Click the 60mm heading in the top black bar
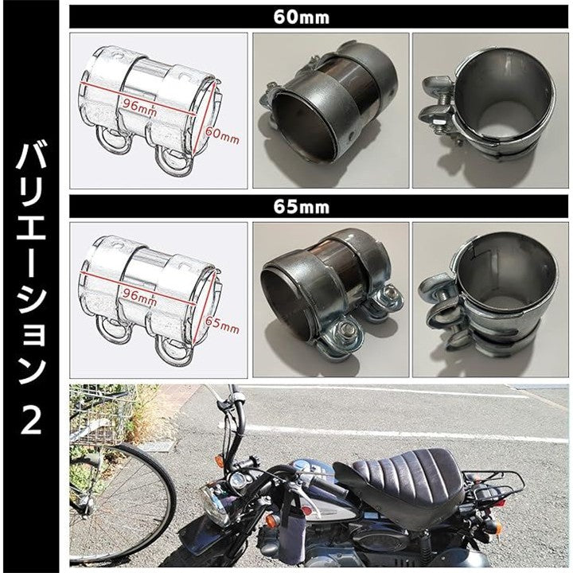pyautogui.click(x=301, y=18)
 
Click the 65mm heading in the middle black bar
pyautogui.click(x=301, y=207)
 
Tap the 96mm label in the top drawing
pyautogui.click(x=139, y=107)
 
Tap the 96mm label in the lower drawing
pyautogui.click(x=139, y=297)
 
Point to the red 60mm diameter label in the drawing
pyautogui.click(x=222, y=135)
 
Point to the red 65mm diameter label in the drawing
pyautogui.click(x=222, y=325)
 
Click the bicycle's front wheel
pyautogui.click(x=121, y=505)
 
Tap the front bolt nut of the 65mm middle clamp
pyautogui.click(x=346, y=331)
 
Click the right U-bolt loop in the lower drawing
pyautogui.click(x=174, y=349)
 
